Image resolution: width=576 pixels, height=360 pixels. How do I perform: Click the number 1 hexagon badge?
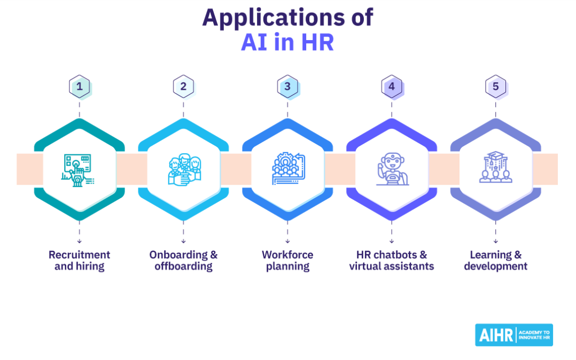click(80, 86)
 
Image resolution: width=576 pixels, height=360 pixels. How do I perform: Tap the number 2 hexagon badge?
click(184, 86)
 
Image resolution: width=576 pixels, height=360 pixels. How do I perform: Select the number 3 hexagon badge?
click(287, 86)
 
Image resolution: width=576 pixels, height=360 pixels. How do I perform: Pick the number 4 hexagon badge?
click(392, 86)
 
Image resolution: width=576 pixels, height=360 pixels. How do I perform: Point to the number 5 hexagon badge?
click(495, 86)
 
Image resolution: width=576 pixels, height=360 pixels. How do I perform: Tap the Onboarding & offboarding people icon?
click(183, 169)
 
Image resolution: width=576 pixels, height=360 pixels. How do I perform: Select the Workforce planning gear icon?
click(287, 169)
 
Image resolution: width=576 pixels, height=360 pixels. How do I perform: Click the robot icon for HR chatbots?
click(392, 169)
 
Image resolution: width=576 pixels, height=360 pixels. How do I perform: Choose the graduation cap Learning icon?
click(495, 168)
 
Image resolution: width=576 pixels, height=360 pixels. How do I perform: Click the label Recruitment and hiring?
click(79, 261)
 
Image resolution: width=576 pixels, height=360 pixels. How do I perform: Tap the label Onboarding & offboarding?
click(183, 261)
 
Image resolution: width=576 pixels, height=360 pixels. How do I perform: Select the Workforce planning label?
click(287, 261)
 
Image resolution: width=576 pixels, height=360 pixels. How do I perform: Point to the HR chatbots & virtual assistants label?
click(392, 261)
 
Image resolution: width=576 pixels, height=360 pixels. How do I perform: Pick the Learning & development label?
click(495, 261)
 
